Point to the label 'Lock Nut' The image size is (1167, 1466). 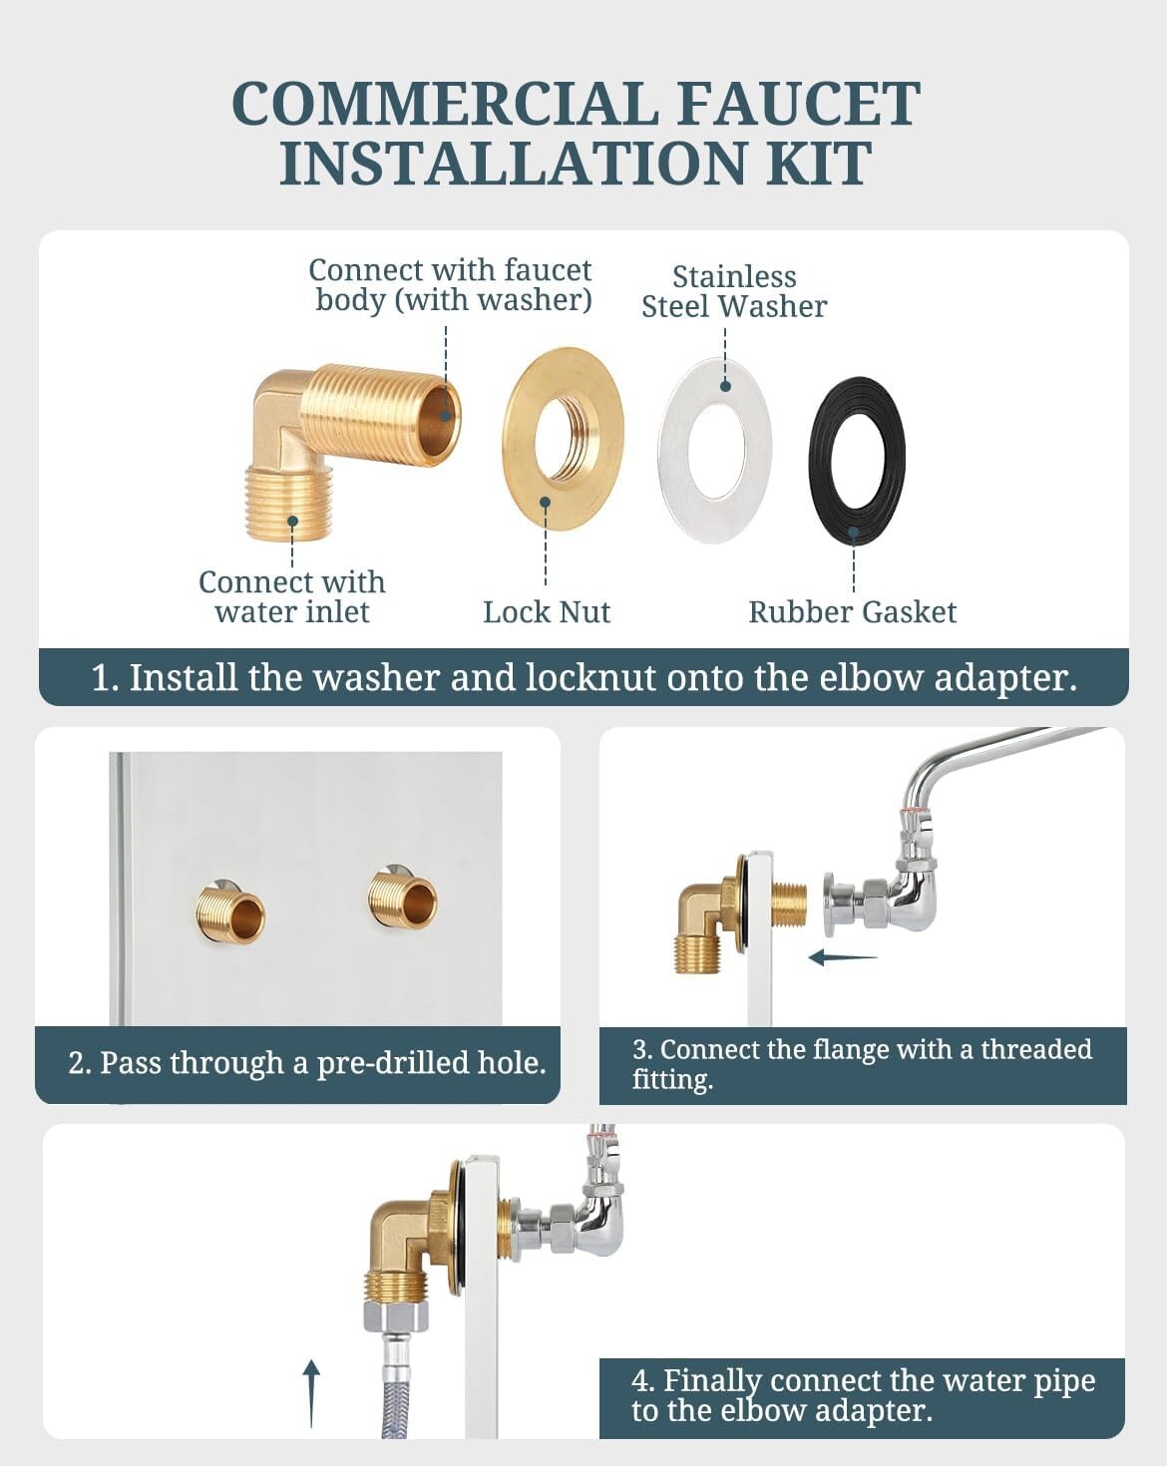(547, 612)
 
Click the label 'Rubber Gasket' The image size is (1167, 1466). (852, 612)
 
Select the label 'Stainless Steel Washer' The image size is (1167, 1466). (734, 291)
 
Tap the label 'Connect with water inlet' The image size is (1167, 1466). (291, 596)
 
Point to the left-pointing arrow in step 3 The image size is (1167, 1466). (842, 957)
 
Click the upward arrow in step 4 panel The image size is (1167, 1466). (311, 1393)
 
